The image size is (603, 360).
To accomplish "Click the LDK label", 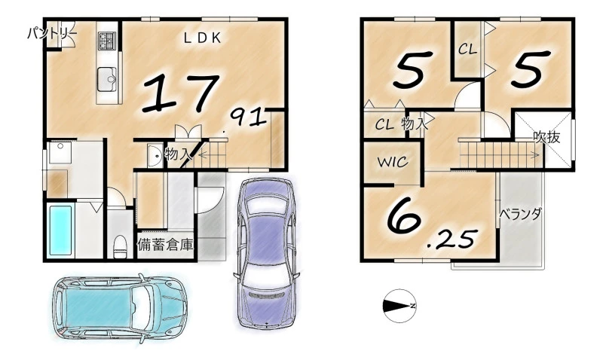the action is [x=202, y=38].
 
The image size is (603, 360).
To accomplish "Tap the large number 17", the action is [x=180, y=94].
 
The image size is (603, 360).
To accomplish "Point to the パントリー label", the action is [x=52, y=34].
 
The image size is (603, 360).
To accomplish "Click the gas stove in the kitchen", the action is [x=106, y=41].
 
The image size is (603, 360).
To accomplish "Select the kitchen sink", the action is [x=107, y=79].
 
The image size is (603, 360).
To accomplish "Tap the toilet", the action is [x=120, y=246].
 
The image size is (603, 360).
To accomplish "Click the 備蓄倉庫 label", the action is [x=165, y=245].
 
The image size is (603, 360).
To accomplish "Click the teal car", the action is [x=120, y=308].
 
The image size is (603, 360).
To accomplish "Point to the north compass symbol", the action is [x=399, y=306].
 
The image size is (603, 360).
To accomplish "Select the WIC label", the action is [x=392, y=162].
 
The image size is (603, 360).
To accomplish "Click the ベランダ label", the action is [x=521, y=214].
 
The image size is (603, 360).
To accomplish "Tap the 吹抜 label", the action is [x=546, y=137].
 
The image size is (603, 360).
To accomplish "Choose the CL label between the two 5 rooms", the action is [x=467, y=49].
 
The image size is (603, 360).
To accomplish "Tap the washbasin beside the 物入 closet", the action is [x=155, y=156].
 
